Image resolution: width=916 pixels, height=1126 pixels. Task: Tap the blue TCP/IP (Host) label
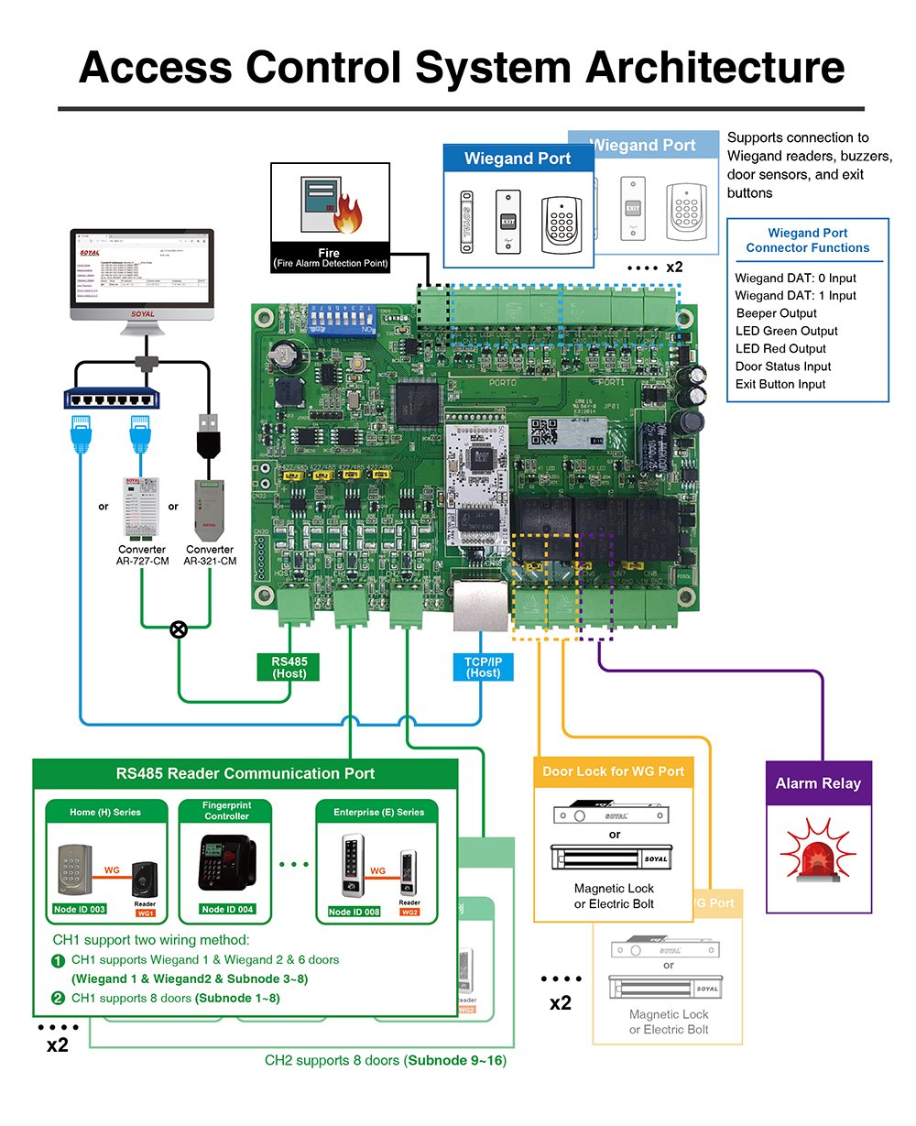pyautogui.click(x=484, y=667)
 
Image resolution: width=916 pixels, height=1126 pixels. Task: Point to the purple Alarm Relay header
pyautogui.click(x=818, y=783)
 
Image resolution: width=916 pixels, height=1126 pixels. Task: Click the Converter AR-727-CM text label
pyautogui.click(x=142, y=555)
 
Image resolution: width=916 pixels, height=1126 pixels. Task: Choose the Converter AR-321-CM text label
pyautogui.click(x=210, y=555)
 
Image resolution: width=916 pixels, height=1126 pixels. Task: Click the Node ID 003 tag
pyautogui.click(x=79, y=910)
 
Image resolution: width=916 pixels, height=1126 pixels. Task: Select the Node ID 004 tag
pyautogui.click(x=227, y=910)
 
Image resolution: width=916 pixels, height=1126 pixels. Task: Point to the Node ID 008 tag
pyautogui.click(x=354, y=912)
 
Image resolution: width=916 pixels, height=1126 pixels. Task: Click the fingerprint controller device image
pyautogui.click(x=226, y=862)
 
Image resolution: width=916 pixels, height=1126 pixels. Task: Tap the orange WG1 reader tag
pyautogui.click(x=146, y=913)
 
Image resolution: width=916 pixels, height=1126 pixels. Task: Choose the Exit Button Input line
pyautogui.click(x=780, y=385)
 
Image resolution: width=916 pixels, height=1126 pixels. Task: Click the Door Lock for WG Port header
pyautogui.click(x=613, y=771)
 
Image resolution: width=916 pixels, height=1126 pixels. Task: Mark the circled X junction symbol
pyautogui.click(x=180, y=629)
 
